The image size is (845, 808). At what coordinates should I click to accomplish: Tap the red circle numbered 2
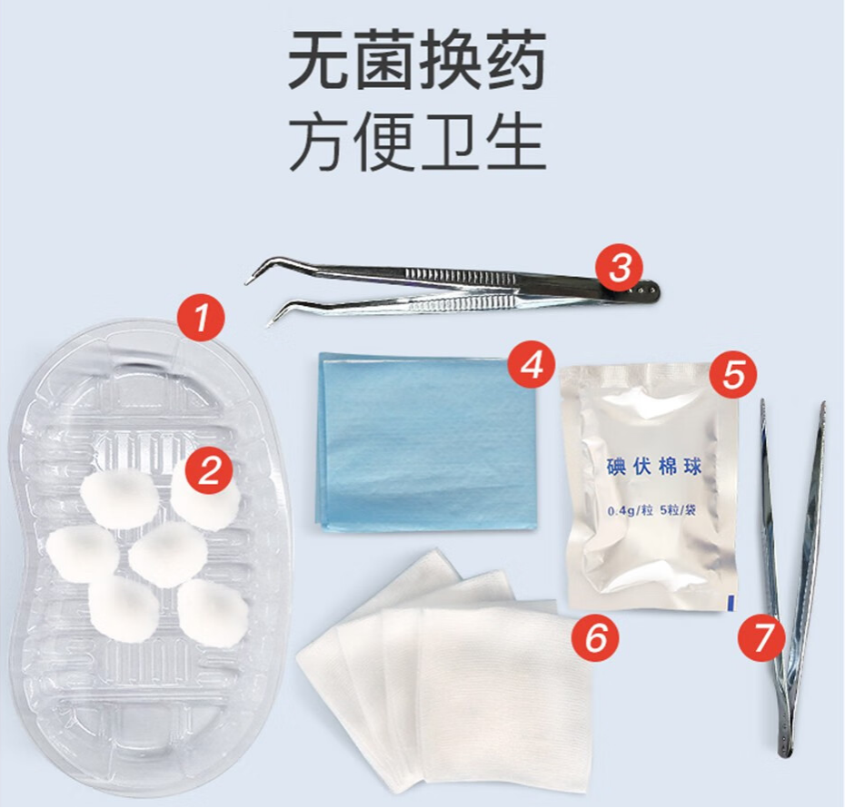[x=210, y=469]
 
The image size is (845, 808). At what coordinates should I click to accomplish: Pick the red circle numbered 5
[x=733, y=373]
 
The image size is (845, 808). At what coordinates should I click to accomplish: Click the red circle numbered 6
[x=596, y=638]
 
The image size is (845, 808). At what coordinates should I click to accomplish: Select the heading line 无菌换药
[x=417, y=61]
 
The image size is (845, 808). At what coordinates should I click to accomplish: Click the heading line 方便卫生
[x=417, y=143]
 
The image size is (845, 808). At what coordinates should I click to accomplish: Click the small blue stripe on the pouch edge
[x=732, y=599]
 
